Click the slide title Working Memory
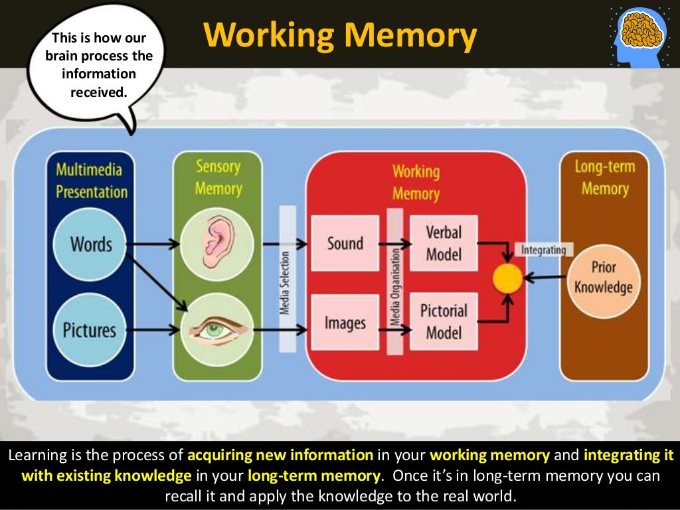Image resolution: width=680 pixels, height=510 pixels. (339, 34)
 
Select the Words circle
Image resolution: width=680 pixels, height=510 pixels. (91, 244)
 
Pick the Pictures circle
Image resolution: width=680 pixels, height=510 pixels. (89, 330)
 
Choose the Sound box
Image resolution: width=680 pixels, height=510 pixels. (345, 243)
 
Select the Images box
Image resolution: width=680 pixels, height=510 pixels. (345, 323)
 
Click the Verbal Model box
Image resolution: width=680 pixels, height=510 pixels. (444, 243)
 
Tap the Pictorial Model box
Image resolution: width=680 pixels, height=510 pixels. (444, 321)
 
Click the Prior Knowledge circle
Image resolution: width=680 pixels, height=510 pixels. (604, 278)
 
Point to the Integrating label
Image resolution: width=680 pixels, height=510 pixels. (543, 250)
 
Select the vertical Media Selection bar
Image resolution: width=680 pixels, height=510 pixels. (287, 279)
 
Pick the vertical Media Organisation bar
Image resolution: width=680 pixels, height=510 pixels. (395, 282)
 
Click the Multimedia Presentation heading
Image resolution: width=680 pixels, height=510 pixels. (92, 181)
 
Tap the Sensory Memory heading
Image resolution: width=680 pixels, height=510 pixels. (218, 177)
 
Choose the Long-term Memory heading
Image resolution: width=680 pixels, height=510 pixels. (604, 177)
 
